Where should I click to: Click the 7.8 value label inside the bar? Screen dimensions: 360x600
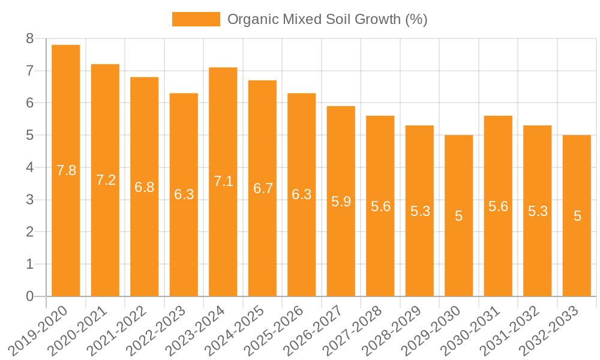click(67, 170)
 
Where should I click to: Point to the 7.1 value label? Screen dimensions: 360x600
click(224, 181)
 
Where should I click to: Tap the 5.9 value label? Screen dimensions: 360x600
click(341, 202)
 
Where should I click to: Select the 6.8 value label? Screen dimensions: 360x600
click(145, 187)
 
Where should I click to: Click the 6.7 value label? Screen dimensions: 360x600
click(263, 188)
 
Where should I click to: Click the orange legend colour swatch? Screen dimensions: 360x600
click(196, 19)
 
